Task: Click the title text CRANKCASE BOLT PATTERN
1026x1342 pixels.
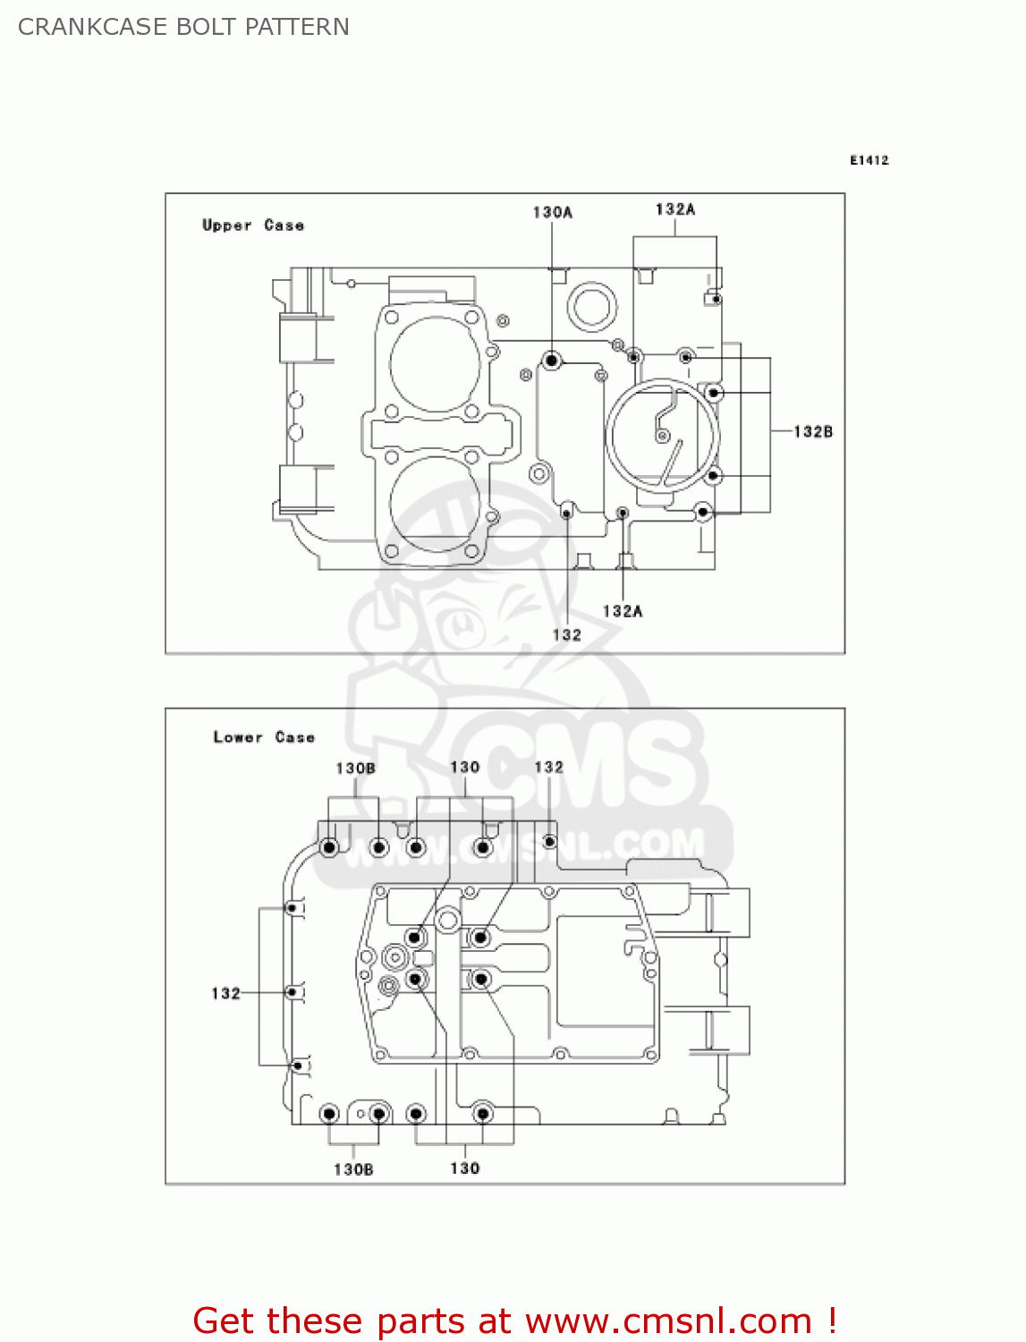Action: [183, 27]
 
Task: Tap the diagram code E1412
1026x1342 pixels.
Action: [869, 160]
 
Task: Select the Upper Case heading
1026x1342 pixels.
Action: [253, 225]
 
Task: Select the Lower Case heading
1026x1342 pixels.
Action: [264, 737]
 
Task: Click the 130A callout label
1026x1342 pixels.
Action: [552, 212]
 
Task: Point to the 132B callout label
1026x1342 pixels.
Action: [813, 431]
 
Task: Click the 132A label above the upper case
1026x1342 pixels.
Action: [674, 209]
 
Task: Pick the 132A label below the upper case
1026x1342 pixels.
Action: [622, 611]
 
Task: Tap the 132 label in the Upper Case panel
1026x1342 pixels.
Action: [566, 634]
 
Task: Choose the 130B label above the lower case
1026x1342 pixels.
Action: [355, 768]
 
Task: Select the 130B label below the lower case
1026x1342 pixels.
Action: [353, 1169]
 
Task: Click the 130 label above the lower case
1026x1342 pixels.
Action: [464, 767]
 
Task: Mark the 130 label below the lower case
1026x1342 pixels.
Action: [464, 1168]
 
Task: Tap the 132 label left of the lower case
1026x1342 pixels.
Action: [225, 993]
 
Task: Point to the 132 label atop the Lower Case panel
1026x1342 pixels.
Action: [548, 767]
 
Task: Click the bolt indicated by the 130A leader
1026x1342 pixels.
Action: [552, 361]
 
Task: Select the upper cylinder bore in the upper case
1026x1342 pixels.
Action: [436, 364]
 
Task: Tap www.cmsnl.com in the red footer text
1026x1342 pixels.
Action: [668, 1321]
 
